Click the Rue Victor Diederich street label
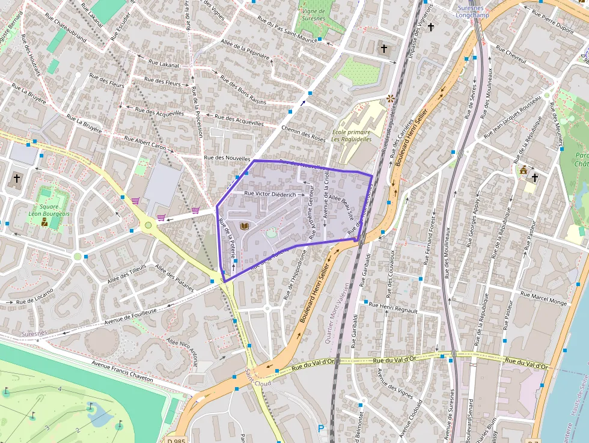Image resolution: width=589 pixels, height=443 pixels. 270,194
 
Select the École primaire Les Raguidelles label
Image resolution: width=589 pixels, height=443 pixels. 351,135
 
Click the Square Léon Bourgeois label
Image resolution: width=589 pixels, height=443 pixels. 49,209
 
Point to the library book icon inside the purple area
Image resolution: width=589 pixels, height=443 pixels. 244,226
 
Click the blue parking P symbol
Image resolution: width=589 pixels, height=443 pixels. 321,429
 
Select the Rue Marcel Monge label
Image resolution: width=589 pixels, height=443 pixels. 543,299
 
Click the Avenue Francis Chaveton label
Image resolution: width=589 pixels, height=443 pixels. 122,371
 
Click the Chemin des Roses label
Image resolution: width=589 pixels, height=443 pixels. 304,134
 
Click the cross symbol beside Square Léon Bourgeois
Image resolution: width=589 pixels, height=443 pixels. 17,179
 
